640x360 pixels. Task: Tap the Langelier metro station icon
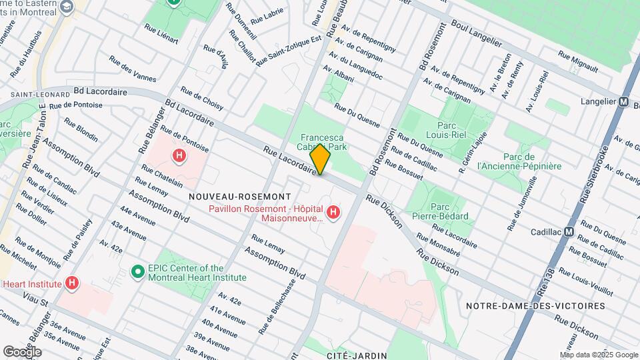tap(623, 102)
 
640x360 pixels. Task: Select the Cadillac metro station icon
tap(569, 232)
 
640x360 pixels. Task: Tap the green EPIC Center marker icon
tap(138, 271)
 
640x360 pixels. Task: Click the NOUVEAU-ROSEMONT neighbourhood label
tap(239, 197)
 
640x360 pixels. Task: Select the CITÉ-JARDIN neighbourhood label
tap(353, 356)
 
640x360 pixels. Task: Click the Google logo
tap(22, 351)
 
